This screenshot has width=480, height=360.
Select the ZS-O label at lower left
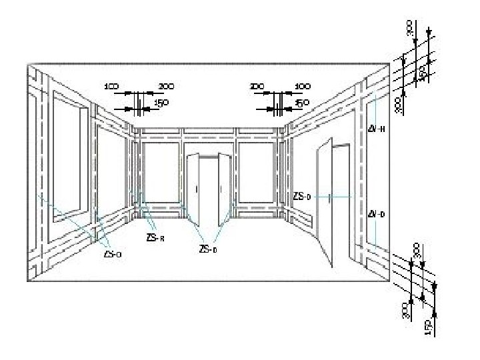point(113,253)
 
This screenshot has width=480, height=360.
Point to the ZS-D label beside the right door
point(302,197)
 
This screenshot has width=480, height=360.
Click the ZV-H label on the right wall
point(377,129)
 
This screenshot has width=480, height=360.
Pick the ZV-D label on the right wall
point(377,214)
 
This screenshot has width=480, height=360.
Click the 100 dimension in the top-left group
point(111,87)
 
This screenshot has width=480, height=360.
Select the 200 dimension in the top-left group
point(166,87)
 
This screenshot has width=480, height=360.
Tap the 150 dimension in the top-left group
point(161,103)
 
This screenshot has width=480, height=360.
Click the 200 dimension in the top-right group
point(257,87)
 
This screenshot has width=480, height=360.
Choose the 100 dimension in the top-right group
point(302,87)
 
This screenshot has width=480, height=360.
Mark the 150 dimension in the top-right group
point(302,103)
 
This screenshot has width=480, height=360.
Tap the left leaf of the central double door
point(195,190)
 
